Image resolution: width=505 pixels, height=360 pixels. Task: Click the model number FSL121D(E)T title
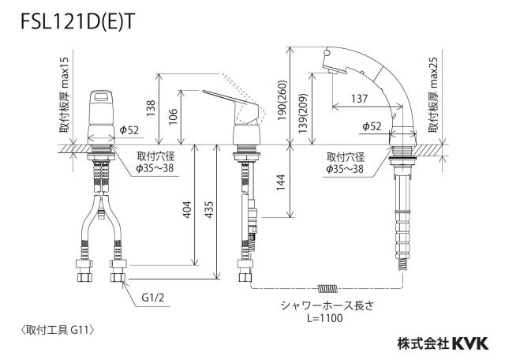click(x=77, y=22)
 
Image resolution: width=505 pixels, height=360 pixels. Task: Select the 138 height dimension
click(x=151, y=108)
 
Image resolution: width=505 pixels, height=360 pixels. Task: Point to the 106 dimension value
click(x=174, y=116)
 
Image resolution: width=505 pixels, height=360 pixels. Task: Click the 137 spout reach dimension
click(x=359, y=99)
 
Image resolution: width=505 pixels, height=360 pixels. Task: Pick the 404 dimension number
click(x=187, y=209)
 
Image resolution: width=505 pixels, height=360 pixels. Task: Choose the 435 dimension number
click(x=209, y=209)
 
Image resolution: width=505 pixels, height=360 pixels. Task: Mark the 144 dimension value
click(x=281, y=182)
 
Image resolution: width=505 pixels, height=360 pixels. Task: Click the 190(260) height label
click(x=282, y=100)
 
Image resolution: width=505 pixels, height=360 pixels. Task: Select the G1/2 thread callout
click(x=153, y=297)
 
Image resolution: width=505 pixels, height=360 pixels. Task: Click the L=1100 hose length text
click(x=324, y=318)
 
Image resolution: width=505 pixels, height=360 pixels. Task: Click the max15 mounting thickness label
click(x=64, y=95)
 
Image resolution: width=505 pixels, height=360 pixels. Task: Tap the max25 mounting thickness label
click(x=433, y=95)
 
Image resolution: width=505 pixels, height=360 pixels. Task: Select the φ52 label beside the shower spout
click(x=372, y=126)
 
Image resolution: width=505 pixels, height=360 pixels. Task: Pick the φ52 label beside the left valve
click(x=129, y=130)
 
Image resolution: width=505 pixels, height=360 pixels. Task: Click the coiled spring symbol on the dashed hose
click(x=327, y=288)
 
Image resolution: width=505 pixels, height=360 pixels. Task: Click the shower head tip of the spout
click(x=334, y=69)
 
